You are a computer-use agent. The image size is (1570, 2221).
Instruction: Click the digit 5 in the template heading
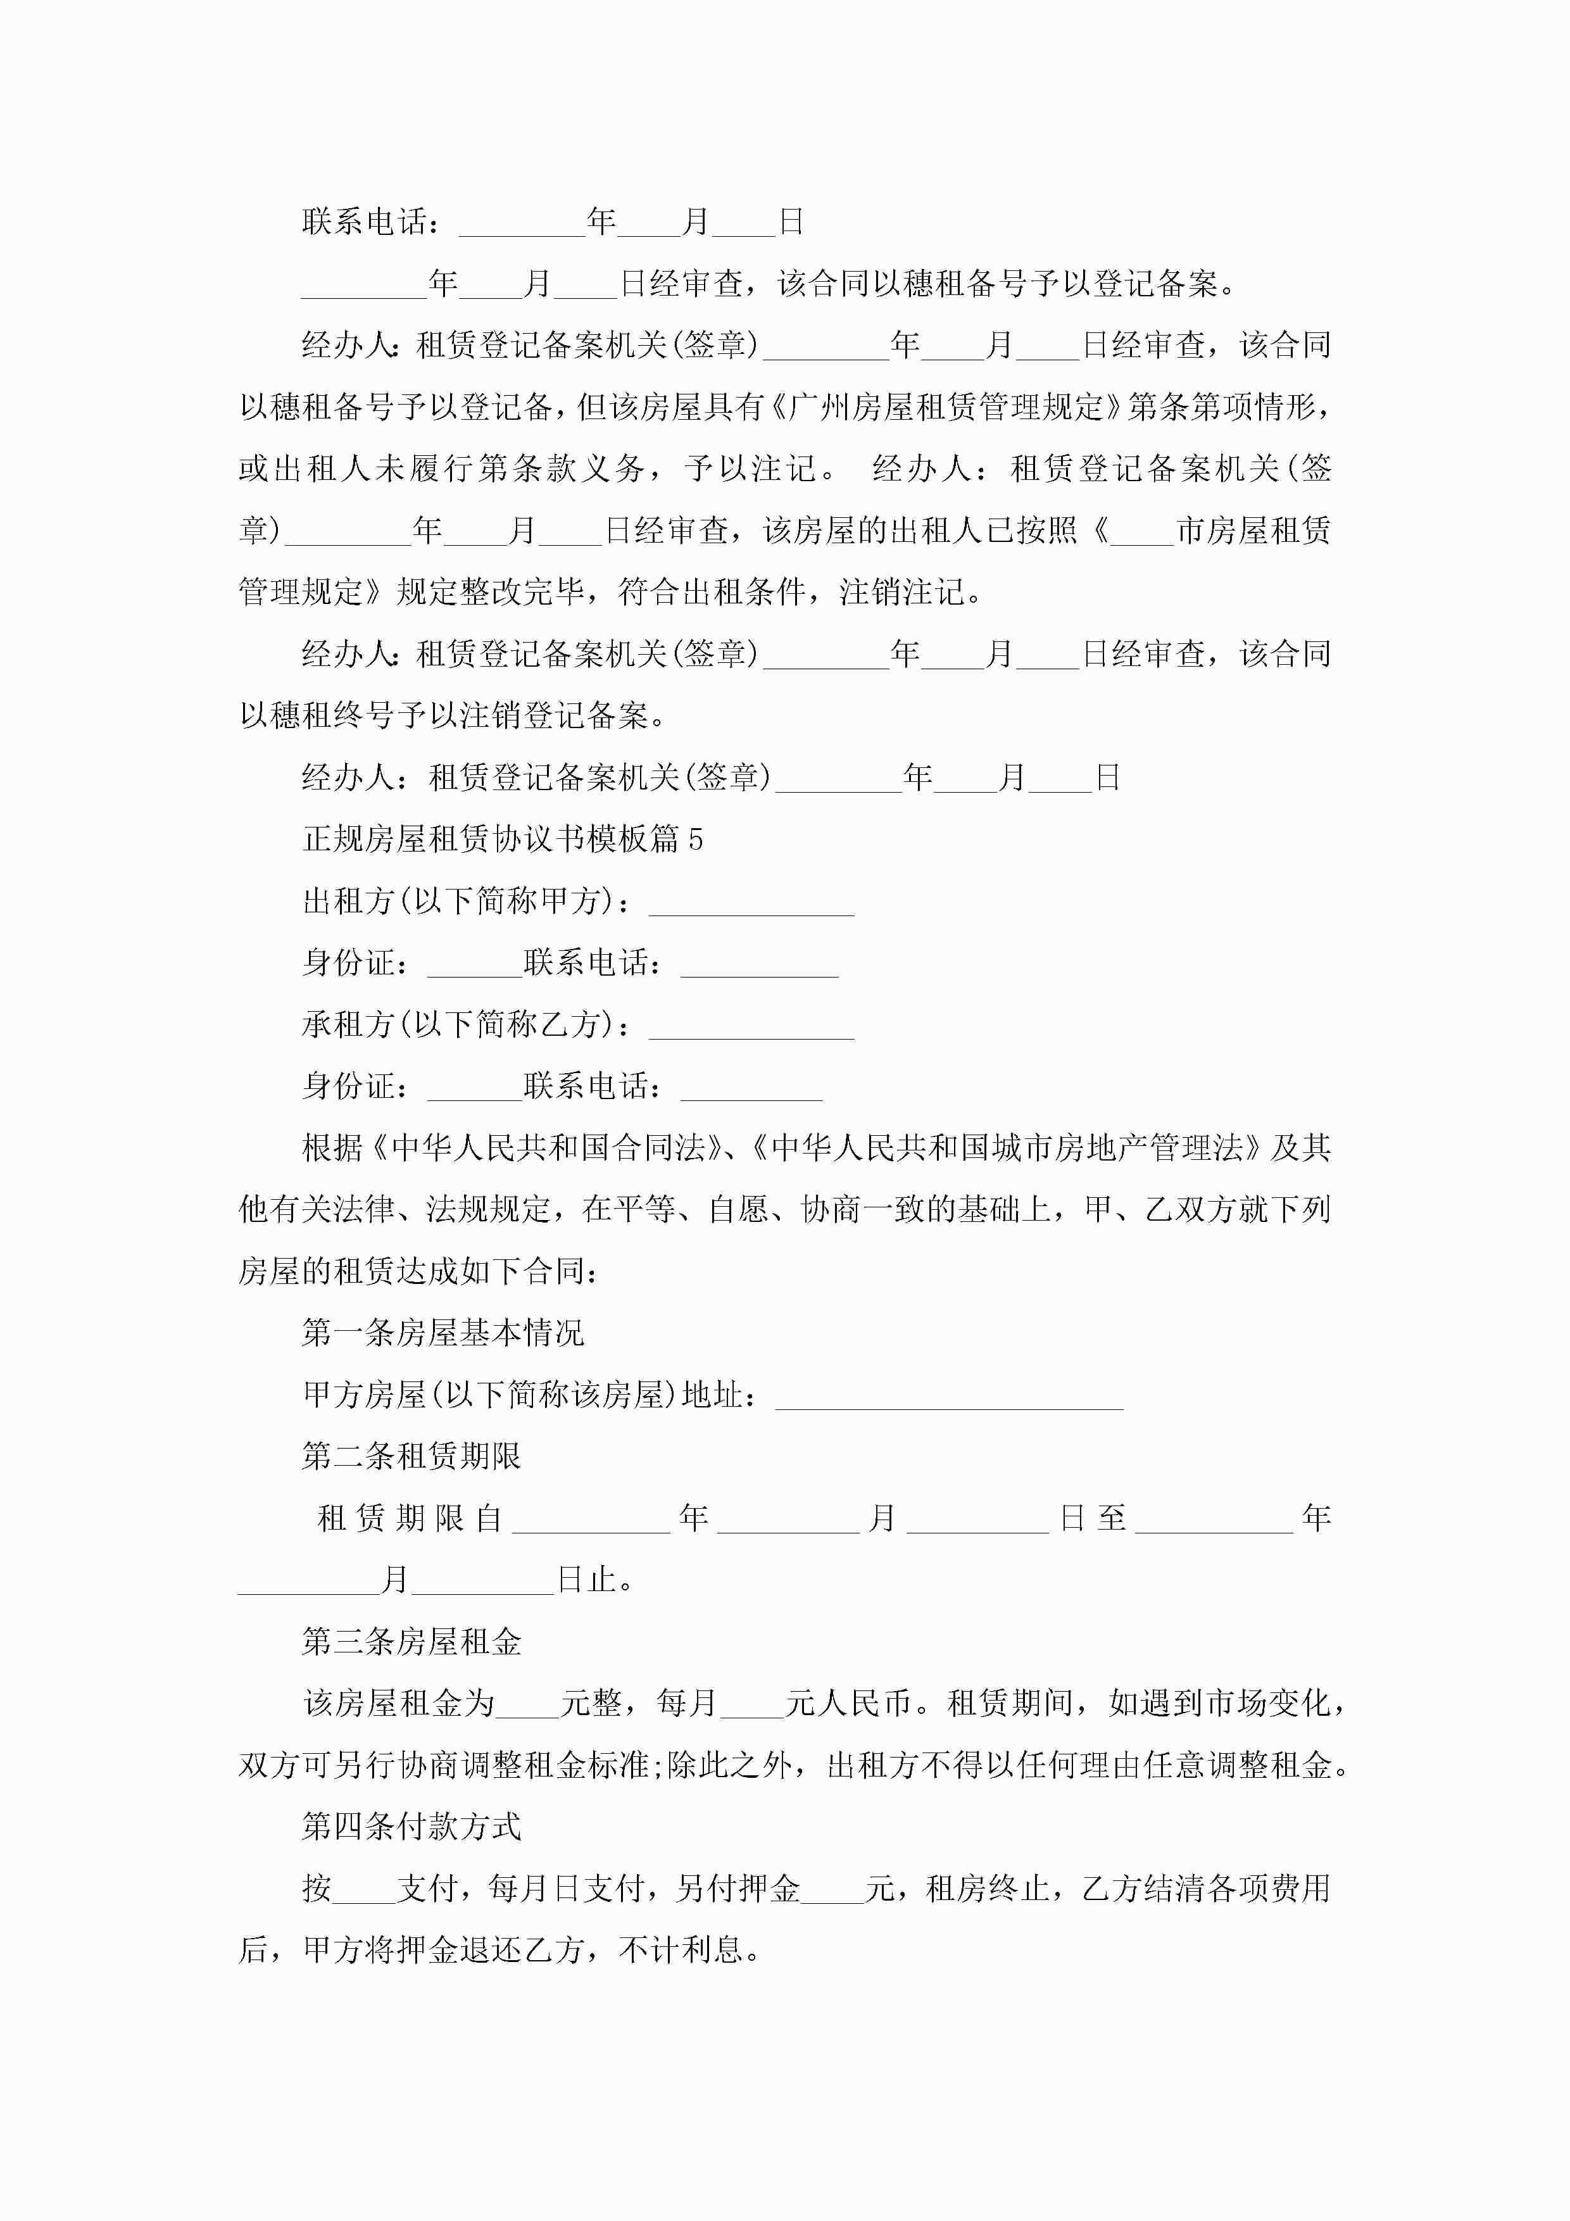tap(696, 839)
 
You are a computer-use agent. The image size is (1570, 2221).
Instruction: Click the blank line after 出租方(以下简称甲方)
tap(751, 903)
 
